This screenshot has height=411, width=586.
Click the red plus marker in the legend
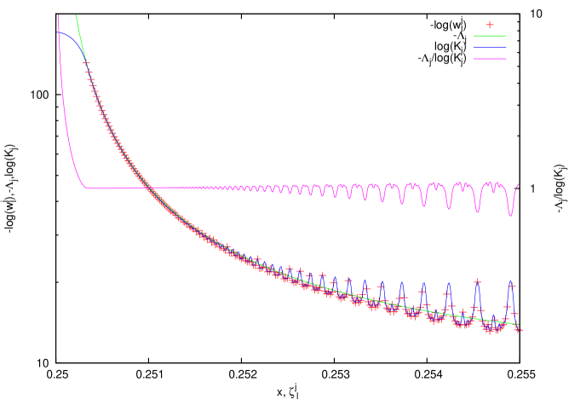coord(490,25)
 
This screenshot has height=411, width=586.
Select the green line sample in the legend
coord(490,36)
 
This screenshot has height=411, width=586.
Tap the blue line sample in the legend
coord(490,47)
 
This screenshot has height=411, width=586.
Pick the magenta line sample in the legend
coord(490,58)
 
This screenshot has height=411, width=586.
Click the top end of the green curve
coord(76,14)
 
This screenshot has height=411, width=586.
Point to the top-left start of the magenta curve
coord(58,14)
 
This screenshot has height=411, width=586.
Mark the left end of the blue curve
coord(59,33)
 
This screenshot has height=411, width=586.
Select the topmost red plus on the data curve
coord(85,64)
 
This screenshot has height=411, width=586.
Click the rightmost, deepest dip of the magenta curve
coord(511,215)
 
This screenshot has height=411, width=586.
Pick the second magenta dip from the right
coord(478,211)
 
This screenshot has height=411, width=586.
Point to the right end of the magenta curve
coord(519,184)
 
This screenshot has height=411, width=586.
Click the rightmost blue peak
coord(511,282)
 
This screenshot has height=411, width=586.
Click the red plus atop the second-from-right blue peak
coord(477,281)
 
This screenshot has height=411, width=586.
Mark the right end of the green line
coord(517,324)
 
